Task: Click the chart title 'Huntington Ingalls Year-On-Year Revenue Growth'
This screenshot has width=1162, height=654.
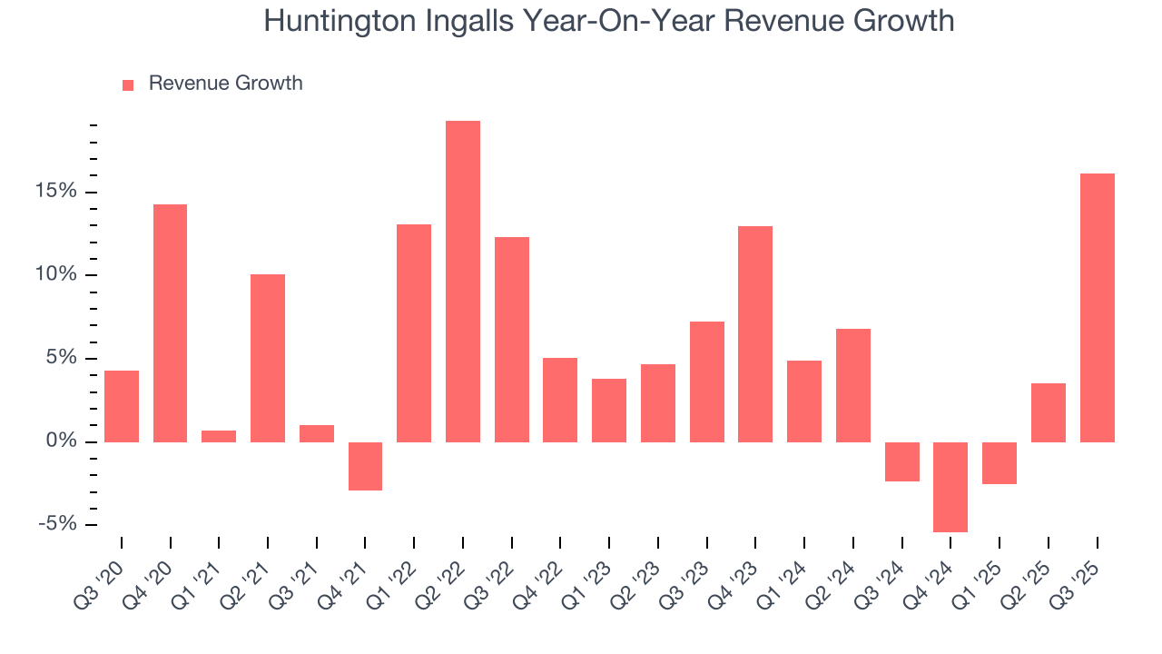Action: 608,21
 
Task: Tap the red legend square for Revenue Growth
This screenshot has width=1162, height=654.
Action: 128,84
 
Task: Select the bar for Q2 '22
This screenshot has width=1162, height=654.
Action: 463,282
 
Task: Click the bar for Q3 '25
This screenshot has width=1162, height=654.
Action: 1097,308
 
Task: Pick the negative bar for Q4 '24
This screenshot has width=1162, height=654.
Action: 950,487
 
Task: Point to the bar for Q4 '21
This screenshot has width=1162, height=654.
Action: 365,466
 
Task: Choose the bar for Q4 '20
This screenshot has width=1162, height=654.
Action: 170,323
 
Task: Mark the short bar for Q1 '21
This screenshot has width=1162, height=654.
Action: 219,437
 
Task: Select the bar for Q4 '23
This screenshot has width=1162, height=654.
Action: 755,334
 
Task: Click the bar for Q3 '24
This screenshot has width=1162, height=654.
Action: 901,461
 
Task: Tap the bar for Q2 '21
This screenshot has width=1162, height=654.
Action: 268,358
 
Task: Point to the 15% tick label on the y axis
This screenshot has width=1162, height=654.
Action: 56,192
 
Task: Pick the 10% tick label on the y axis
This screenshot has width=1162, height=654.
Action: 56,275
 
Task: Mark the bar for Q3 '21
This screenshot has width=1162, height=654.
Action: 317,433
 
